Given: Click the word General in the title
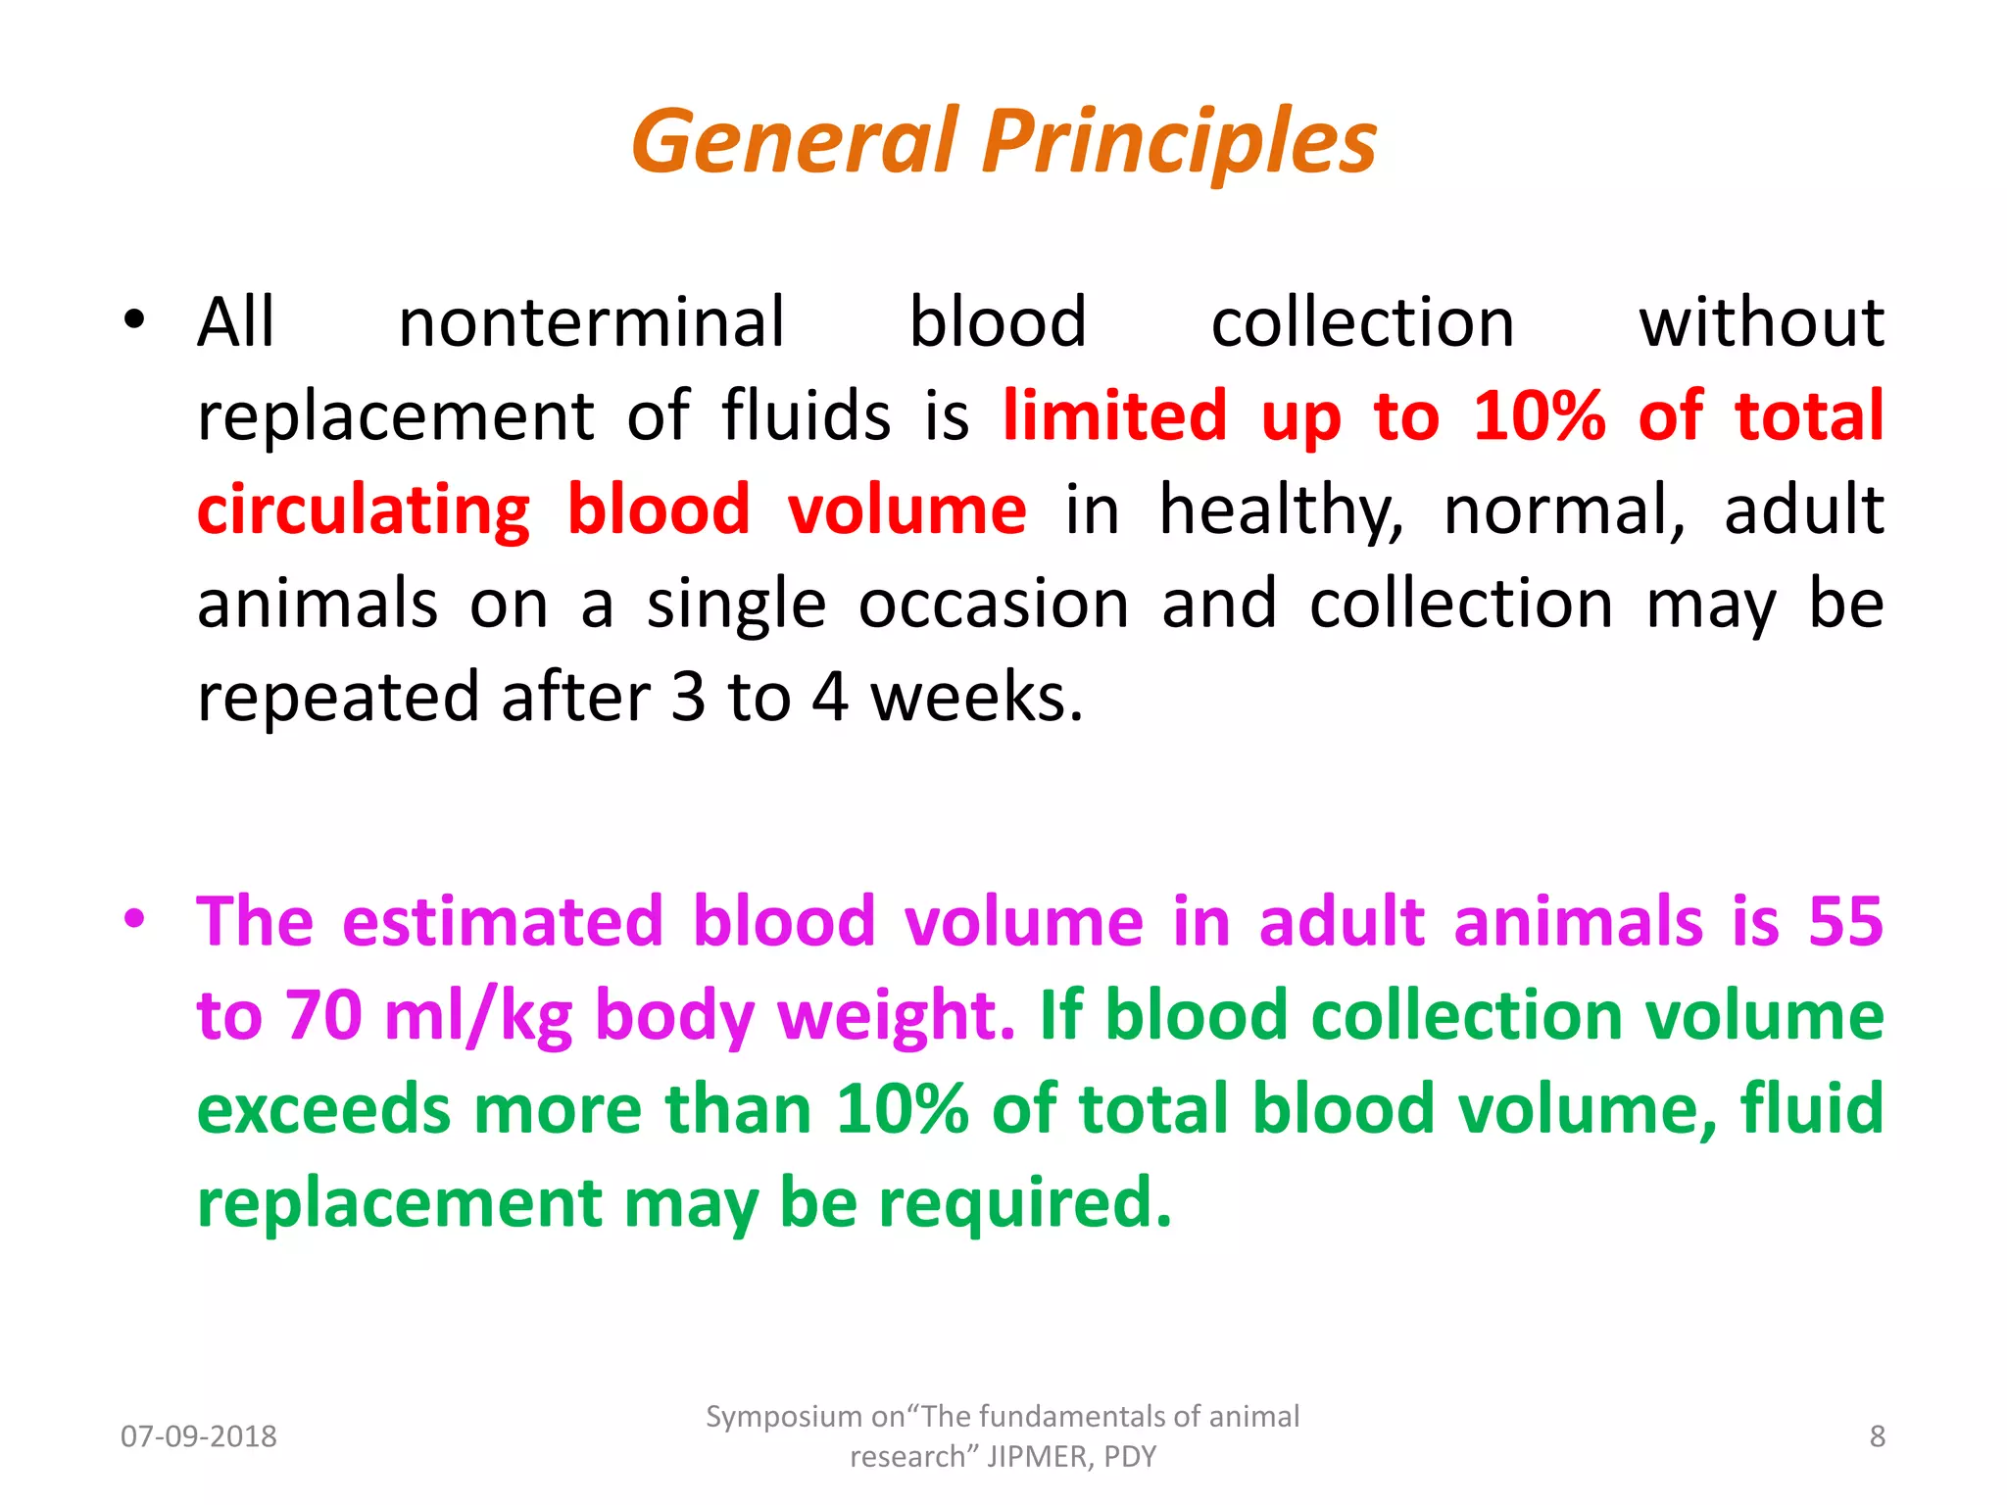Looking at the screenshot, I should (794, 142).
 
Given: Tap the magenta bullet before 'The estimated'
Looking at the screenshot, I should (134, 918).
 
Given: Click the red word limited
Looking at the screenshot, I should (1114, 415).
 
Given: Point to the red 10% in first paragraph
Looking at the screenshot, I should (1540, 415).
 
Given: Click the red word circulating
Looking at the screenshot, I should (364, 510).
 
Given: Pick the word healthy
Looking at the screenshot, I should (1281, 510).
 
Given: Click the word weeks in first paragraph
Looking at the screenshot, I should (976, 698).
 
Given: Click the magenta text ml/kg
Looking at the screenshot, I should (478, 1015).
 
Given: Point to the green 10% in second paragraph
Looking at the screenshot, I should (902, 1109).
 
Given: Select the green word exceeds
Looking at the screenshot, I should (323, 1109).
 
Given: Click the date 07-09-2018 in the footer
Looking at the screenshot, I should (199, 1436).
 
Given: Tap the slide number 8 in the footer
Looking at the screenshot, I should (1877, 1436).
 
